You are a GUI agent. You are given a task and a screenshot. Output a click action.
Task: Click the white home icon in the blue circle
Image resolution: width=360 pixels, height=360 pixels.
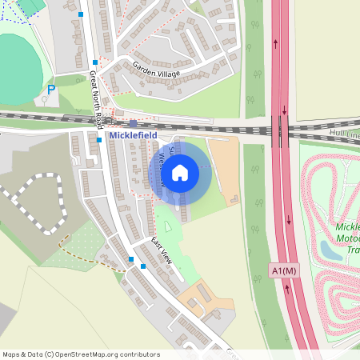(180, 172)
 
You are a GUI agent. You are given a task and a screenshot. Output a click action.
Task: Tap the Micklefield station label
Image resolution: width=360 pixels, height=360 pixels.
(133, 136)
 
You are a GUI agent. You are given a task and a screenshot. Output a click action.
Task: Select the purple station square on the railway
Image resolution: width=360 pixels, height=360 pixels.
(133, 123)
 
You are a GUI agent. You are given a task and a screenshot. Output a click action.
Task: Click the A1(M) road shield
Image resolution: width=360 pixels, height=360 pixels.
(285, 271)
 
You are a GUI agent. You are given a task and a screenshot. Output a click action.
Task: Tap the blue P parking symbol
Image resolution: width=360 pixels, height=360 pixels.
(50, 90)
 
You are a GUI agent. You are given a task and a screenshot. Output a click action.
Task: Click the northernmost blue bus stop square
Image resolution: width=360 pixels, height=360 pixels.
(81, 14)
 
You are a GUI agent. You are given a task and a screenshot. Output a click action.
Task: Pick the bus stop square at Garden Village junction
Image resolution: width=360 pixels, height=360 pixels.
(95, 62)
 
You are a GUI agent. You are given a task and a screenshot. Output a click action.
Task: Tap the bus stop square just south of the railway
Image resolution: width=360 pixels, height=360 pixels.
(99, 139)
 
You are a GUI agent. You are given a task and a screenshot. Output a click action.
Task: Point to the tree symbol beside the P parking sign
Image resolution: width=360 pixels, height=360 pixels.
(43, 102)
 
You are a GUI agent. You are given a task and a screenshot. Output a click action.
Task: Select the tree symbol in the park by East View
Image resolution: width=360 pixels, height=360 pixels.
(166, 229)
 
